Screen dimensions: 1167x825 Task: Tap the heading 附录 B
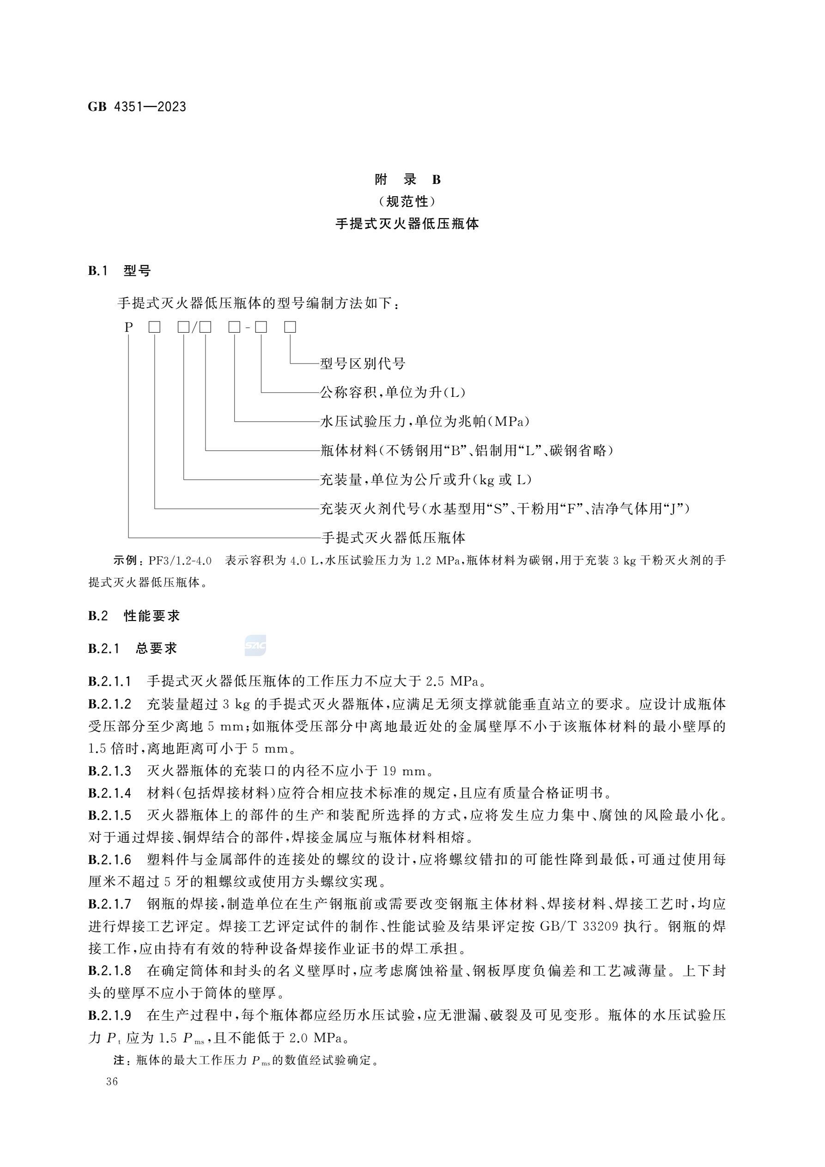click(x=408, y=179)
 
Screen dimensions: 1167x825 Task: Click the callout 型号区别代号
click(x=363, y=364)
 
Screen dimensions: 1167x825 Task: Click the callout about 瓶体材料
click(x=466, y=450)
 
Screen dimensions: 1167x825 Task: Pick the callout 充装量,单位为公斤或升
click(x=425, y=479)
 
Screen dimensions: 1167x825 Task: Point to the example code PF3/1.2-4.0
click(x=180, y=561)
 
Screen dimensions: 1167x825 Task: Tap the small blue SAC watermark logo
click(x=255, y=646)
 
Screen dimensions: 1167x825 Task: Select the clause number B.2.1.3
click(x=109, y=771)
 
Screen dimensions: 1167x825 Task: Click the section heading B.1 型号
click(x=120, y=271)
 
